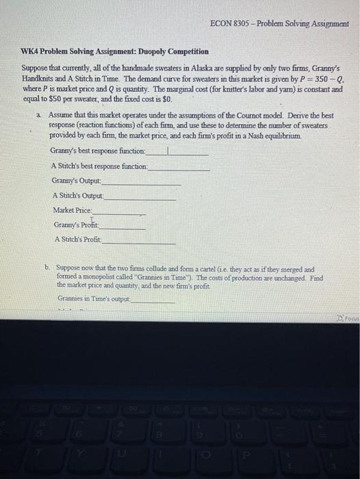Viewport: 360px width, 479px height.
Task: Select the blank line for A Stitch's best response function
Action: point(179,167)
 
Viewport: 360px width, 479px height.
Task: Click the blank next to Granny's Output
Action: point(142,182)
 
